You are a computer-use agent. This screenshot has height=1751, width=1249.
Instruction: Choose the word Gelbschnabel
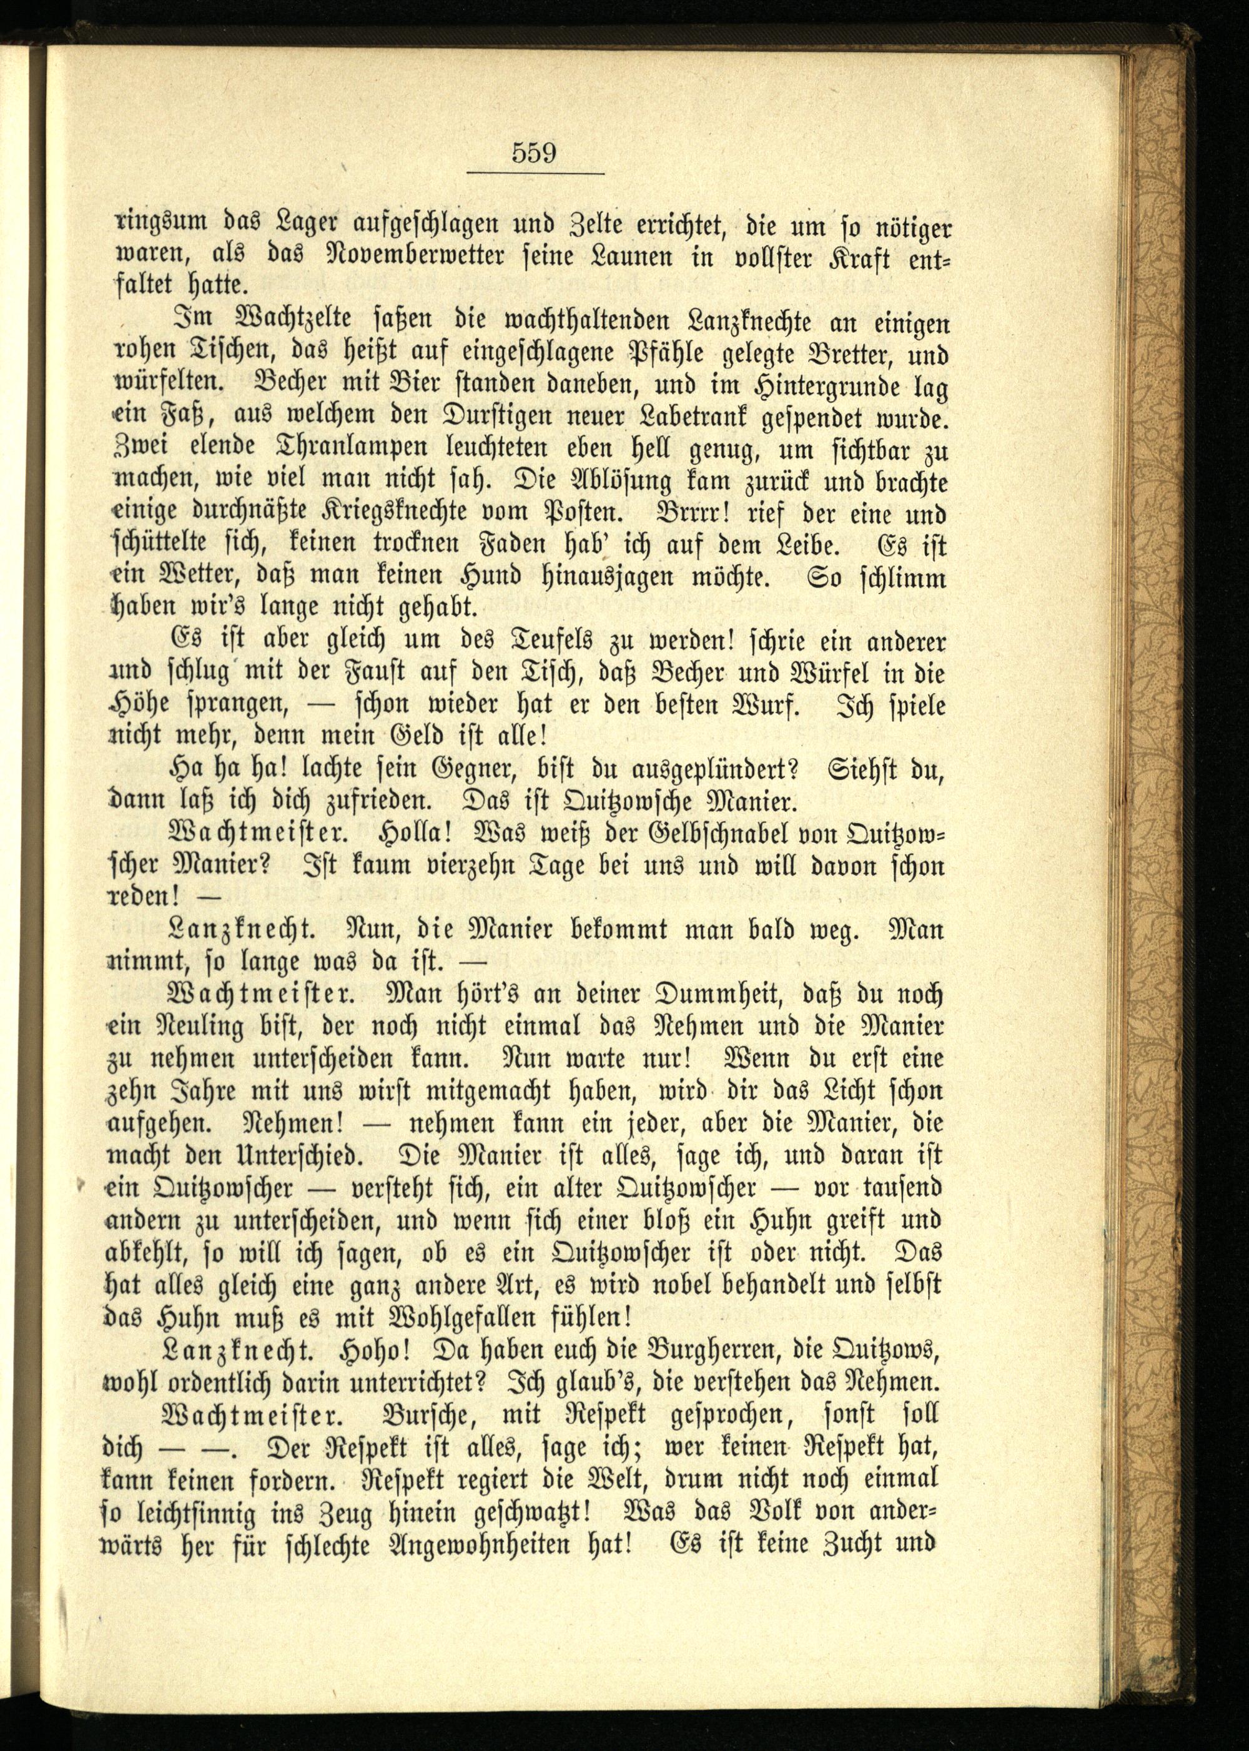(717, 834)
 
